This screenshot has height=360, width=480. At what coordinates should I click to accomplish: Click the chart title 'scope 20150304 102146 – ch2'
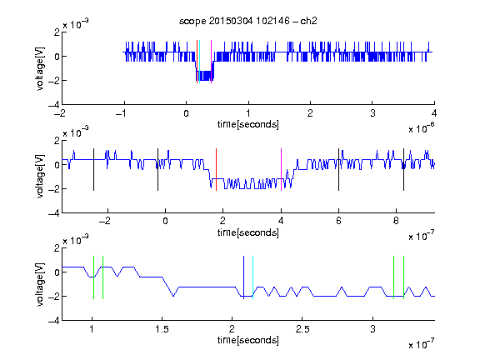248,21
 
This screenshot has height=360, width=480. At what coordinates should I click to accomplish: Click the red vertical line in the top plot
197,62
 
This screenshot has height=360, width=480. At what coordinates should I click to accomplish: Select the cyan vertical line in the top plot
199,62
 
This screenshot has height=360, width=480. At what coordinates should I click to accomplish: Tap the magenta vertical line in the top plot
211,62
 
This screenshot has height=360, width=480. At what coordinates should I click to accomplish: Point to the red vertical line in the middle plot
216,170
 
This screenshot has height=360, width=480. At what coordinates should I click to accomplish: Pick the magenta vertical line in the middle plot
281,170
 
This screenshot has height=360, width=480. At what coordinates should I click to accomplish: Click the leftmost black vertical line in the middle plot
93,170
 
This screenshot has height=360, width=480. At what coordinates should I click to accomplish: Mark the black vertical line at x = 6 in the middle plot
338,170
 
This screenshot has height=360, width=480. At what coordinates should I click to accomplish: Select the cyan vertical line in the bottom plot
252,277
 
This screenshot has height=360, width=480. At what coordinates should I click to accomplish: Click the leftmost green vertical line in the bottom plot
93,277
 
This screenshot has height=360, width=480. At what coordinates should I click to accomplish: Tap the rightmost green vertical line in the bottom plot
404,277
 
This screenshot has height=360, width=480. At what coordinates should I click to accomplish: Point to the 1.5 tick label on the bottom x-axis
162,329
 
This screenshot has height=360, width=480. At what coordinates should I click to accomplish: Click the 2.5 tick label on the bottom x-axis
302,329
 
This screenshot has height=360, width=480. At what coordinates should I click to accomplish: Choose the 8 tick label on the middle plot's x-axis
396,221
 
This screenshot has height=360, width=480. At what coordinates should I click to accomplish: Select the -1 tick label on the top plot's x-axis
122,113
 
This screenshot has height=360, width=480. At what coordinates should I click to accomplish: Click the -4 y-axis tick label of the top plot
54,105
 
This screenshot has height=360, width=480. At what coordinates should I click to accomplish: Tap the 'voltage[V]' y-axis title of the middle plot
40,177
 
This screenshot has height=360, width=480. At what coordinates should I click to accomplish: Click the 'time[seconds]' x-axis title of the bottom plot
248,340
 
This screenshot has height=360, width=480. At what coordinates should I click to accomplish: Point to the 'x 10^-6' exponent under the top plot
422,127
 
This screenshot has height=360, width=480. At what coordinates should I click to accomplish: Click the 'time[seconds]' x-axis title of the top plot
248,124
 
